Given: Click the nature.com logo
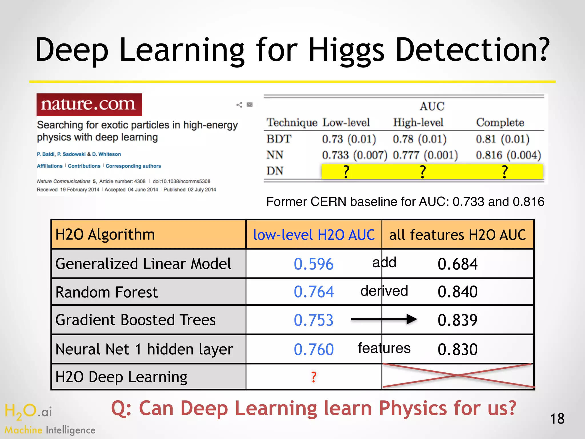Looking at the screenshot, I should click(89, 105).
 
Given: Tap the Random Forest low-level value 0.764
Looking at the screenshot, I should click(314, 292).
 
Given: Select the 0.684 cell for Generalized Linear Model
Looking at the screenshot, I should click(457, 264).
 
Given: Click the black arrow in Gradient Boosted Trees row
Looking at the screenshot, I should click(384, 319).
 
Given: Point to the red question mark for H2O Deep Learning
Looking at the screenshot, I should click(314, 377).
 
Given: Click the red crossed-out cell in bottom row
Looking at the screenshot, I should click(458, 376).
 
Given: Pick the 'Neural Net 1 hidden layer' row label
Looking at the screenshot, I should click(144, 349).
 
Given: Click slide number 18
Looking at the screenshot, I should click(557, 419).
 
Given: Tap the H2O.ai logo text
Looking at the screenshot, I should click(29, 412).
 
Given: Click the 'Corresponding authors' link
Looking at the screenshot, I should click(133, 166).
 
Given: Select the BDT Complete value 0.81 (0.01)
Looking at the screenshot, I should click(502, 139).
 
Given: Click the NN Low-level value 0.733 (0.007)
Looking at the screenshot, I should click(354, 155).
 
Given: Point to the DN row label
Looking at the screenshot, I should click(275, 171).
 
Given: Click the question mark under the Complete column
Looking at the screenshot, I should click(505, 172).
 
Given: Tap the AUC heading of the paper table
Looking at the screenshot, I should click(432, 106).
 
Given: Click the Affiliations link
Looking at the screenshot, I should click(49, 166).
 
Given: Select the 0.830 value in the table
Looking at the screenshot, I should click(457, 349).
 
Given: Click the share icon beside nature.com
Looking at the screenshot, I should click(239, 105).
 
